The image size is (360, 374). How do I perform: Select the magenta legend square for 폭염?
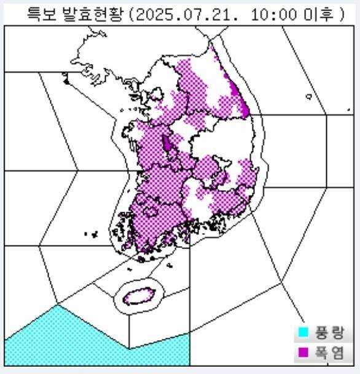[303, 352]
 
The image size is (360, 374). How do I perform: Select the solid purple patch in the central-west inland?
[166, 145]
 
